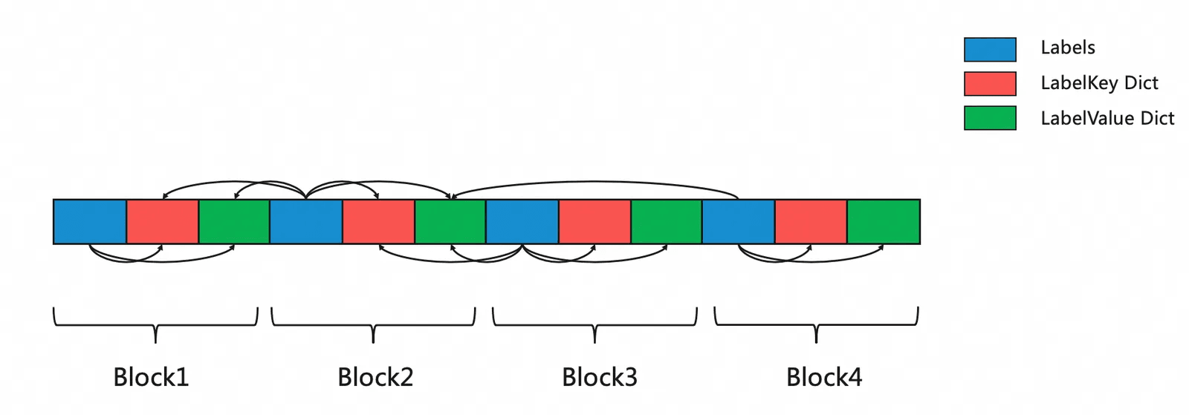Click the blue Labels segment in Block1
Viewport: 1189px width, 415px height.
tap(90, 221)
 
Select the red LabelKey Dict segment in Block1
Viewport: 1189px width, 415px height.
tap(162, 221)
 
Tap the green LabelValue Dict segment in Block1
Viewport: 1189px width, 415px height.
tap(234, 221)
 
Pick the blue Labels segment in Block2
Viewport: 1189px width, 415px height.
tap(306, 221)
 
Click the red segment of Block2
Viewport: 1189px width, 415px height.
tap(378, 221)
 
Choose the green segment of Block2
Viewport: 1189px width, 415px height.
tap(450, 221)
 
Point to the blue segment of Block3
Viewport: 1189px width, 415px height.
tap(522, 221)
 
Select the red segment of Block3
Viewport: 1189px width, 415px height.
tap(594, 221)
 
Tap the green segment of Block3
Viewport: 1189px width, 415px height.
tap(667, 221)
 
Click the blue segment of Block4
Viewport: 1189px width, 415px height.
tap(739, 221)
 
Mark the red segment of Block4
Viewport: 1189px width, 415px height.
tap(811, 221)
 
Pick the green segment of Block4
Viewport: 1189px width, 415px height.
tap(884, 221)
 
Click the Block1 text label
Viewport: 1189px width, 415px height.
tap(151, 377)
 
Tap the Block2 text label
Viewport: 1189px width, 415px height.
tap(375, 377)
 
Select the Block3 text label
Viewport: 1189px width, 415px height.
tap(600, 377)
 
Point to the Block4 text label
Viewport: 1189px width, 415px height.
tap(824, 377)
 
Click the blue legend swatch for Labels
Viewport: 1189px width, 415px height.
tap(990, 49)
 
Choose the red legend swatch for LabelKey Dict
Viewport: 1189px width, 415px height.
tap(990, 84)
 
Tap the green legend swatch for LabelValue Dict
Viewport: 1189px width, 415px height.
tap(990, 118)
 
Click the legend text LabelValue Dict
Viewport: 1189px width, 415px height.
tap(1107, 118)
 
